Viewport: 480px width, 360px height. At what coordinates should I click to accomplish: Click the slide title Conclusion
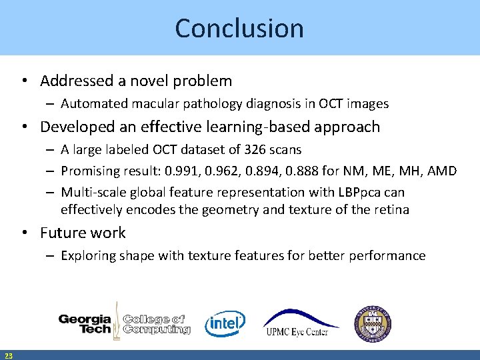pos(239,28)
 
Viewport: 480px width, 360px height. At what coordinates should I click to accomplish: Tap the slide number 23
pos(8,355)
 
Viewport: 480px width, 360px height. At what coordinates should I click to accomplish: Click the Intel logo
pos(225,323)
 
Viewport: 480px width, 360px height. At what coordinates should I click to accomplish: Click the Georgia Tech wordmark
pos(85,323)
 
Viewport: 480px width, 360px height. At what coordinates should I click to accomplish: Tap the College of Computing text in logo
pos(156,324)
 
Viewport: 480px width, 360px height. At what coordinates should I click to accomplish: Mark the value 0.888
pos(306,171)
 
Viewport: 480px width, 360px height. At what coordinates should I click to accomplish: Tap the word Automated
pos(91,103)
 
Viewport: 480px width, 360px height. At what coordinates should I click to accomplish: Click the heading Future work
pos(83,233)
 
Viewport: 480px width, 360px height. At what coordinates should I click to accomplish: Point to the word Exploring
pos(88,255)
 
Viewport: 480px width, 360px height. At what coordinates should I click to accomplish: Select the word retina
pos(391,209)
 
